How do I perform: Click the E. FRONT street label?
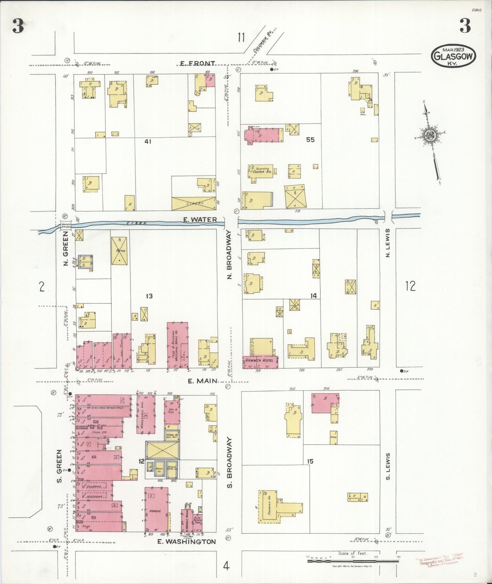(x=197, y=63)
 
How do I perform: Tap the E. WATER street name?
(x=200, y=220)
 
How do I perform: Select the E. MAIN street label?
(x=202, y=381)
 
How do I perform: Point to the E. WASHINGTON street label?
(x=187, y=541)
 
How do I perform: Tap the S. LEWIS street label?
(x=388, y=466)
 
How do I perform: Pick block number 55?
(x=310, y=139)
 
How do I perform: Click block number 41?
(x=147, y=141)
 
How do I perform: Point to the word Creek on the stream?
(x=136, y=223)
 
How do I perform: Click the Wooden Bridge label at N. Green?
(x=65, y=225)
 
